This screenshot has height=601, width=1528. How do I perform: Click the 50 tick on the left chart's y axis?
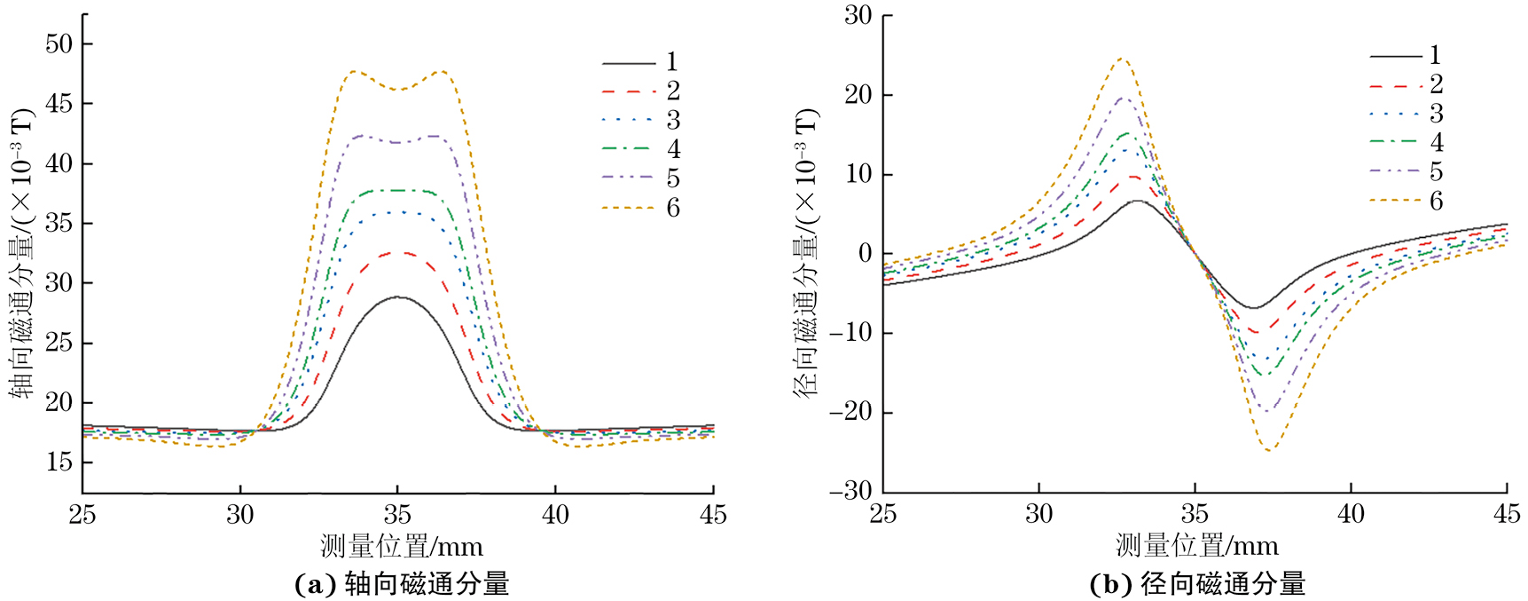[x=59, y=43]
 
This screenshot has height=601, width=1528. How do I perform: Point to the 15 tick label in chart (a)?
[x=59, y=462]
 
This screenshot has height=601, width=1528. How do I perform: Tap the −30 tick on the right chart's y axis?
[x=850, y=491]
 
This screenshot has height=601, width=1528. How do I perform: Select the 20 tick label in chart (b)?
[x=858, y=94]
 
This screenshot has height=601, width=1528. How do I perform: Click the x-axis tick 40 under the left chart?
[x=555, y=515]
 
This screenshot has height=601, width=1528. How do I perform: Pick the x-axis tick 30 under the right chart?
[x=1038, y=514]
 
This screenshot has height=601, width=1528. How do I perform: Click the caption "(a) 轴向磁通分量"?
[x=401, y=583]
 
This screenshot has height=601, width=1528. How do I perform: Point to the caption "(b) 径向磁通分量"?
[x=1196, y=583]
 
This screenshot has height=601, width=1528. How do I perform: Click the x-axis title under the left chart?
[x=401, y=546]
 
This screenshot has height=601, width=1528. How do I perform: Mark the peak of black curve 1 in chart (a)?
[x=398, y=297]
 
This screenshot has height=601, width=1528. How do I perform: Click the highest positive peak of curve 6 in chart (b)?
[x=1122, y=59]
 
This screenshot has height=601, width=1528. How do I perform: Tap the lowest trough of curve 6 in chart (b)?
[x=1270, y=450]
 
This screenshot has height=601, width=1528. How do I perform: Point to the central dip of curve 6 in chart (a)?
[x=397, y=90]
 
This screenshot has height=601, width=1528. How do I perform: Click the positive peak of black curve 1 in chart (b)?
[x=1137, y=201]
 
